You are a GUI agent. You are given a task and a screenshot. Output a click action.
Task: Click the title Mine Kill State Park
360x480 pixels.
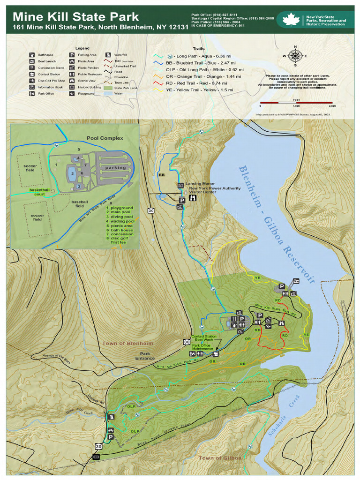[75, 17]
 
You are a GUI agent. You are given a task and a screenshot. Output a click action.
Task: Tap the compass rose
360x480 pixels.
[295, 56]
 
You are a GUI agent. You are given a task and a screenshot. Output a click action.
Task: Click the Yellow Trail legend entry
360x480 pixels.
[193, 90]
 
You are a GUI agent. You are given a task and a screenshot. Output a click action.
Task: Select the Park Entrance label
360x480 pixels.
[145, 356]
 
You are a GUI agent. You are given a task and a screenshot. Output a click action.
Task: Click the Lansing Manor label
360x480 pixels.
[200, 184]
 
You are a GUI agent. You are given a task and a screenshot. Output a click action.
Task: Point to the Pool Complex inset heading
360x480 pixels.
[105, 138]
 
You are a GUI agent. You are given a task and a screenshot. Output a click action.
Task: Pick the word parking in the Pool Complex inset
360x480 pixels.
[115, 167]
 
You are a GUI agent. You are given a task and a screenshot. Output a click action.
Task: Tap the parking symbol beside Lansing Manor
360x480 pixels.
[181, 200]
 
